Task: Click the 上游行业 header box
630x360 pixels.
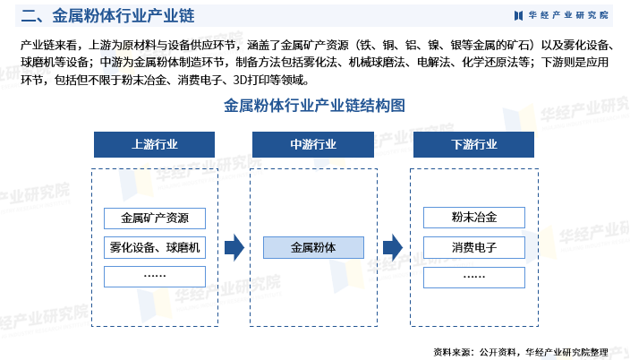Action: (154, 144)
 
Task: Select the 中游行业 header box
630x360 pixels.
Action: (313, 144)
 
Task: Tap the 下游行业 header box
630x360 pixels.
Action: (473, 144)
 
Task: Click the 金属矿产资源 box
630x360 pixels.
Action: (155, 219)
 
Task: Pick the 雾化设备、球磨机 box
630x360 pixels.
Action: (155, 247)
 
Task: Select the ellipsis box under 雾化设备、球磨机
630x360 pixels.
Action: (155, 277)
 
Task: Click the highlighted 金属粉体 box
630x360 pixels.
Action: (313, 247)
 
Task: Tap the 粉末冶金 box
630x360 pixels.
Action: (474, 218)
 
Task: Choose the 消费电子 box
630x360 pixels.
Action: (474, 247)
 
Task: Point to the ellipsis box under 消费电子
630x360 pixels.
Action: (474, 278)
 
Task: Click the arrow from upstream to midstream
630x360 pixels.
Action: (234, 247)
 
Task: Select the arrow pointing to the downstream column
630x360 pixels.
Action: (393, 247)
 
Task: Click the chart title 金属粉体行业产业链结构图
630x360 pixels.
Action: (314, 106)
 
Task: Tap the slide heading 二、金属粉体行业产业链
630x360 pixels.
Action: (107, 16)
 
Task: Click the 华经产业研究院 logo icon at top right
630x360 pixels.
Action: (518, 16)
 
